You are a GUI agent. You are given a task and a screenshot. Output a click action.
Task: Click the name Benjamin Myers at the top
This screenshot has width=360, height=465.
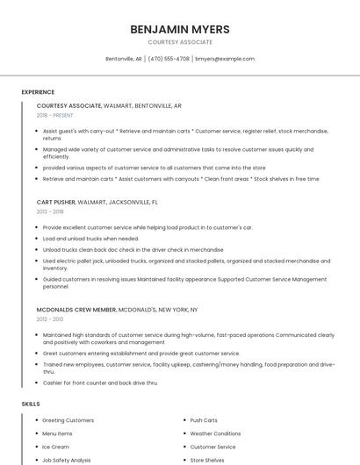(180, 29)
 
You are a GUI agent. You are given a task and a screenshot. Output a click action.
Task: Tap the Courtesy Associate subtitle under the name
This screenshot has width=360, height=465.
(180, 42)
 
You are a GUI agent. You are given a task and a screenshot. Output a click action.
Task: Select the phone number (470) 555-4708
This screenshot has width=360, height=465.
(169, 59)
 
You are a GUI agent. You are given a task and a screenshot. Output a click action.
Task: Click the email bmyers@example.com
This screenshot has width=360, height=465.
(225, 59)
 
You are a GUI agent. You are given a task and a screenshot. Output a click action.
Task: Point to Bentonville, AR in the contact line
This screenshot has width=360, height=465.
(124, 59)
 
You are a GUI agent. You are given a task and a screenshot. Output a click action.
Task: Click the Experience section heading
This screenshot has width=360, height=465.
(38, 92)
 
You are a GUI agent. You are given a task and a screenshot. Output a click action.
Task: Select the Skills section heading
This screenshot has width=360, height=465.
(31, 404)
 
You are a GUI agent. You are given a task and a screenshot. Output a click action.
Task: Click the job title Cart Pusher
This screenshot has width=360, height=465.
(56, 202)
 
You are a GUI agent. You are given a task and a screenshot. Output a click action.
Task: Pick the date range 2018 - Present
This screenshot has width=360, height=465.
(55, 115)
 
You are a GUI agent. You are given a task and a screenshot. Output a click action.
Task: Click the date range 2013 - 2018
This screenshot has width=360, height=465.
(50, 211)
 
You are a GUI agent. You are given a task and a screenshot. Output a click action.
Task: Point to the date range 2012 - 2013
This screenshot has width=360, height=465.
(50, 319)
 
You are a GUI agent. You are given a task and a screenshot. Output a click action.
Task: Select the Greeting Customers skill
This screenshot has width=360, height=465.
(68, 420)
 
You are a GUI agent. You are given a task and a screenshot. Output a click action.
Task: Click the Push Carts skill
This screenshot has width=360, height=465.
(204, 420)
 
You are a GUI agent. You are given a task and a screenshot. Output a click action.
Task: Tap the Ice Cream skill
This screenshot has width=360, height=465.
(55, 447)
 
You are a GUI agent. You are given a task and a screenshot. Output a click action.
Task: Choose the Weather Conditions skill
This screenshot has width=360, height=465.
(215, 433)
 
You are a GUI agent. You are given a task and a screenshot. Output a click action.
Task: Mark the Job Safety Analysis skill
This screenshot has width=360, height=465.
(67, 460)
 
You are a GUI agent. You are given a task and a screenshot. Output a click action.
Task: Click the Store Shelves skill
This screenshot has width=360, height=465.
(207, 460)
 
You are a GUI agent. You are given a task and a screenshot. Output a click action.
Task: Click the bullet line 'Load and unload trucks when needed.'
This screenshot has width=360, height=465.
(90, 239)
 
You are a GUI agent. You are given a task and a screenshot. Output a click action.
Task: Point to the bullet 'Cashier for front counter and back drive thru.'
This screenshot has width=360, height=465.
(100, 383)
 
